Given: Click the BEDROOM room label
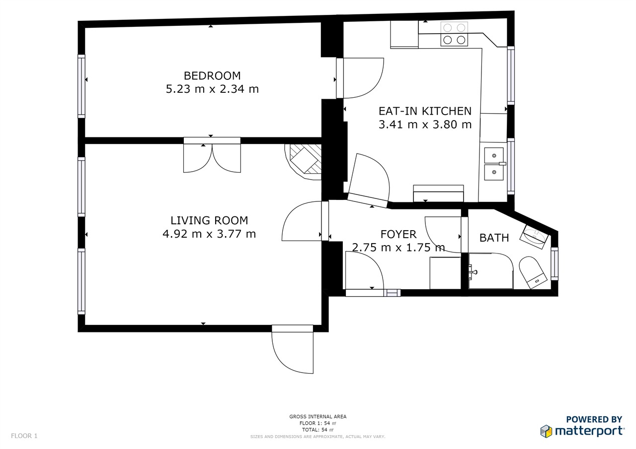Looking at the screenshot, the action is pyautogui.click(x=212, y=76).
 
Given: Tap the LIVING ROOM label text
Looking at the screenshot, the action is pyautogui.click(x=209, y=220).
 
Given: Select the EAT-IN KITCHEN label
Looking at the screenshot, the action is pyautogui.click(x=425, y=111).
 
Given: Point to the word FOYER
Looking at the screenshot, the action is pyautogui.click(x=398, y=234).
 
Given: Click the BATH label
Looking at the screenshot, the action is pyautogui.click(x=494, y=238).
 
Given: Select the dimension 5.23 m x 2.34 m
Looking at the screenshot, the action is pyautogui.click(x=212, y=89).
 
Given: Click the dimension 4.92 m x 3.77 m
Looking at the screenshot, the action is pyautogui.click(x=209, y=234).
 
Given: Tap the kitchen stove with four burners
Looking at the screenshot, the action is pyautogui.click(x=454, y=34).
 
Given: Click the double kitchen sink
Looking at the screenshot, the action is pyautogui.click(x=494, y=164).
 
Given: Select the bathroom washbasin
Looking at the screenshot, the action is pyautogui.click(x=534, y=237).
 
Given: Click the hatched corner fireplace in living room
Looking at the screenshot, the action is pyautogui.click(x=304, y=162).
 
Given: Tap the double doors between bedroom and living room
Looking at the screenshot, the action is pyautogui.click(x=212, y=155).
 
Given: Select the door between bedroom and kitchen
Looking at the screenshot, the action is pyautogui.click(x=360, y=78).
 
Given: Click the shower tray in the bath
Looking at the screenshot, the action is pyautogui.click(x=491, y=271).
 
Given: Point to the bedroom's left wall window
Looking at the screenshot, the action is pyautogui.click(x=81, y=86).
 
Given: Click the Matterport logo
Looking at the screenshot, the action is pyautogui.click(x=582, y=428).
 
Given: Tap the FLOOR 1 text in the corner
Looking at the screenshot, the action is pyautogui.click(x=24, y=436).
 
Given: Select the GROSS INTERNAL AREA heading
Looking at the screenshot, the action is pyautogui.click(x=318, y=417).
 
